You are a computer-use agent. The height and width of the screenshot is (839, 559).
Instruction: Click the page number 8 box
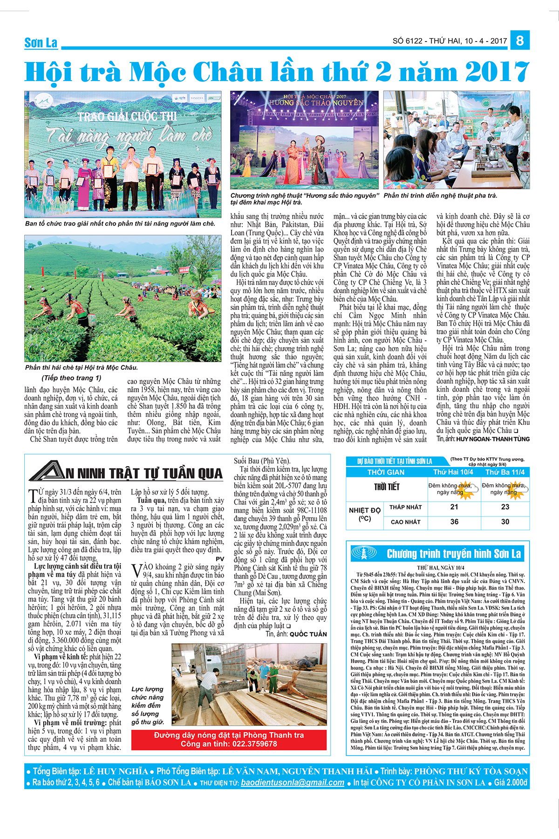point(520,40)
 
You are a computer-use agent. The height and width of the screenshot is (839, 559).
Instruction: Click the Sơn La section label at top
point(41,43)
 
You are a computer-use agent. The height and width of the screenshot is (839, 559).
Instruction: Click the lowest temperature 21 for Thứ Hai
point(454,507)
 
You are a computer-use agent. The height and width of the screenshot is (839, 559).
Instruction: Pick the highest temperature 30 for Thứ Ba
point(505,522)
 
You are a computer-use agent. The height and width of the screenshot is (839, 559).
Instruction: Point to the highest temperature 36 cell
point(454,522)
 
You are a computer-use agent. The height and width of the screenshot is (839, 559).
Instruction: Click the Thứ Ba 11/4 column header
point(505,472)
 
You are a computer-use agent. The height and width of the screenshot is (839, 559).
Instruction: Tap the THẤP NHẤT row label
point(405,507)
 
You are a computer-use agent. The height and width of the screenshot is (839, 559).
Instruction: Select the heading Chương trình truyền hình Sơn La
point(454,554)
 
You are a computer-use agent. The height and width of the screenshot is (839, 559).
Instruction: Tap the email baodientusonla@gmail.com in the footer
point(293,783)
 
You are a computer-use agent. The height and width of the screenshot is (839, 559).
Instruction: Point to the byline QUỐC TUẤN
point(308,634)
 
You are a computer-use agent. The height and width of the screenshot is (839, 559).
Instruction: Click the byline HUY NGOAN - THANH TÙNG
point(493,439)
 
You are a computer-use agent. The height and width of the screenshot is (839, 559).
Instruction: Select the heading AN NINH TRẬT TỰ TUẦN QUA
point(127,473)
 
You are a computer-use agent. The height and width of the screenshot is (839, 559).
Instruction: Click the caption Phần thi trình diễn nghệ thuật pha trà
point(440,196)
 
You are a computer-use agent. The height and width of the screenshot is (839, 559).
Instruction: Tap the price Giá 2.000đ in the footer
point(511,783)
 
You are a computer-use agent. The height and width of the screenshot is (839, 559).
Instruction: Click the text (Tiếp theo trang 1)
point(71,378)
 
